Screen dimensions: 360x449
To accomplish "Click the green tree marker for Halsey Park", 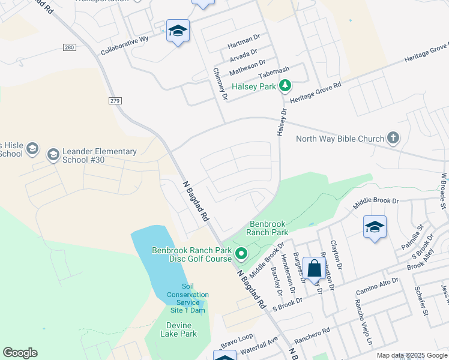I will [x=286, y=86].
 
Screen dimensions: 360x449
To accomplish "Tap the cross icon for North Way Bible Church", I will [x=393, y=139].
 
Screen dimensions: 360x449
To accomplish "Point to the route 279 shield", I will [x=115, y=100].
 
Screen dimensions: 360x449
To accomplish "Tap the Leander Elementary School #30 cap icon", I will [x=53, y=155].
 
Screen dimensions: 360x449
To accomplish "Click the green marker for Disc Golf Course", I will [x=241, y=254].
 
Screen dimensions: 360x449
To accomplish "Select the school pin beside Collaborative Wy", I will [x=178, y=31].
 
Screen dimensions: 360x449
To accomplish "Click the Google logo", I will [x=20, y=353].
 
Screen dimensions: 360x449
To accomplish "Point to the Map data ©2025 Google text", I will [x=411, y=355].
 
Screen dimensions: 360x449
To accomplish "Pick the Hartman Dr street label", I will [x=244, y=46].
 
